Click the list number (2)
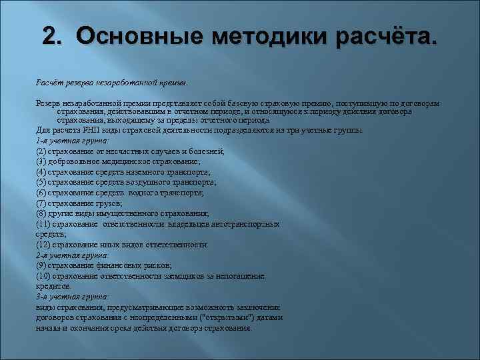(x=41, y=152)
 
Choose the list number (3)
(x=41, y=162)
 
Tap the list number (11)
(x=43, y=224)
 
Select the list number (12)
(x=43, y=245)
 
